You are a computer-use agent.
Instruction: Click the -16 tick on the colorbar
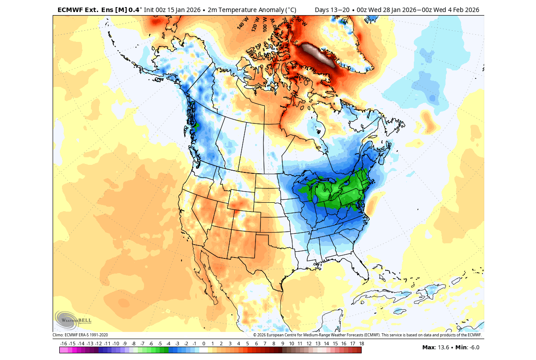pos(63,344)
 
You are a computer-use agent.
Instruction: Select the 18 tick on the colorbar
pos(361,344)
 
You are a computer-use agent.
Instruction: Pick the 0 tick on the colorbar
pos(204,344)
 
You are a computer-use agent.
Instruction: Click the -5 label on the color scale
pos(160,344)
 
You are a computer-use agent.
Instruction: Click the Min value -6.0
pos(472,348)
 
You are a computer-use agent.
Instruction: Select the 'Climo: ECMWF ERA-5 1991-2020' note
pos(80,335)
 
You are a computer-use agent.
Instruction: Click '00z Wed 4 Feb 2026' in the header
pos(446,10)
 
